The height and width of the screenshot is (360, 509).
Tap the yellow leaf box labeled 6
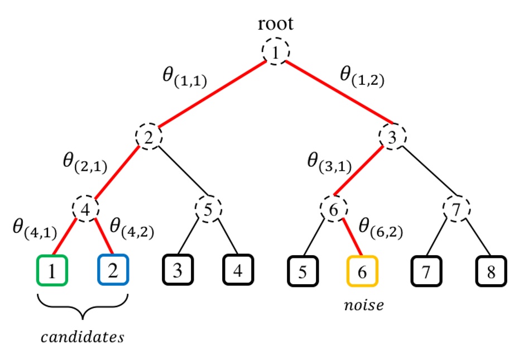(x=362, y=271)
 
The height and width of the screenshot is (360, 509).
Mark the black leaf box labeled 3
(x=178, y=271)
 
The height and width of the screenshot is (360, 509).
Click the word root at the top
(x=276, y=24)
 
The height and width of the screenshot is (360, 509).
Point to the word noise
(x=363, y=305)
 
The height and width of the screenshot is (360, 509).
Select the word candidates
(x=83, y=338)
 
